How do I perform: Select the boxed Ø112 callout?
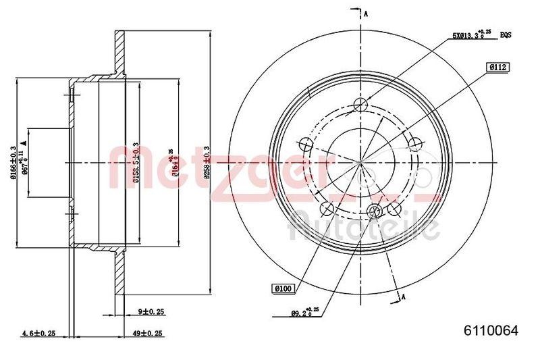(499, 66)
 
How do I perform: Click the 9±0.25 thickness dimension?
(152, 312)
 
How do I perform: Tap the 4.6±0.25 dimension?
(39, 332)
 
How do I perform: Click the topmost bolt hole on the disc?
(361, 104)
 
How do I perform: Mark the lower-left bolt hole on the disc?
(327, 208)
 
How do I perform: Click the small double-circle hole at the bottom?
(375, 211)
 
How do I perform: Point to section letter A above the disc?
(365, 14)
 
